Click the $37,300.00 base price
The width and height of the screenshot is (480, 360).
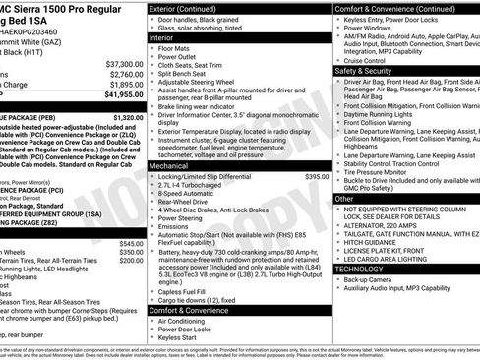point(122,63)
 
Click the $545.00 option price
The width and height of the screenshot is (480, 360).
point(131,242)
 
